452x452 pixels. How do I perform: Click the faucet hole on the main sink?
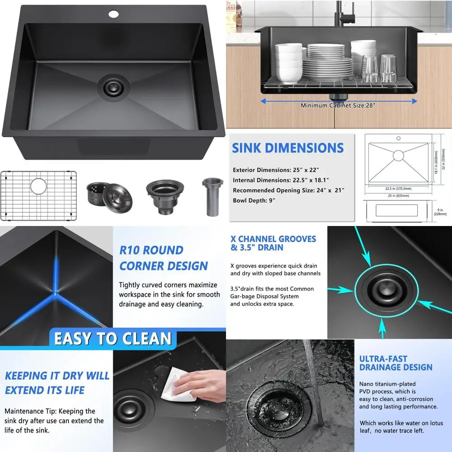tap(113, 14)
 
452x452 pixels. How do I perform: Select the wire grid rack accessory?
tap(38, 195)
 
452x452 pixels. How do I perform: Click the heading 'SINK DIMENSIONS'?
tap(287, 148)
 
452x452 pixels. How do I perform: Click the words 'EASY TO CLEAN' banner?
tap(113, 339)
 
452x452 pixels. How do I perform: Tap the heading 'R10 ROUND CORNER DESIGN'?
tap(163, 258)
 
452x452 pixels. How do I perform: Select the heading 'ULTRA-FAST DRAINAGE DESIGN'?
tap(395, 363)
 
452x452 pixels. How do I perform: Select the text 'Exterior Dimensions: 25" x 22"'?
tap(276, 170)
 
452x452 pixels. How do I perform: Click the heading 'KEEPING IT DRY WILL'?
tap(57, 376)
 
